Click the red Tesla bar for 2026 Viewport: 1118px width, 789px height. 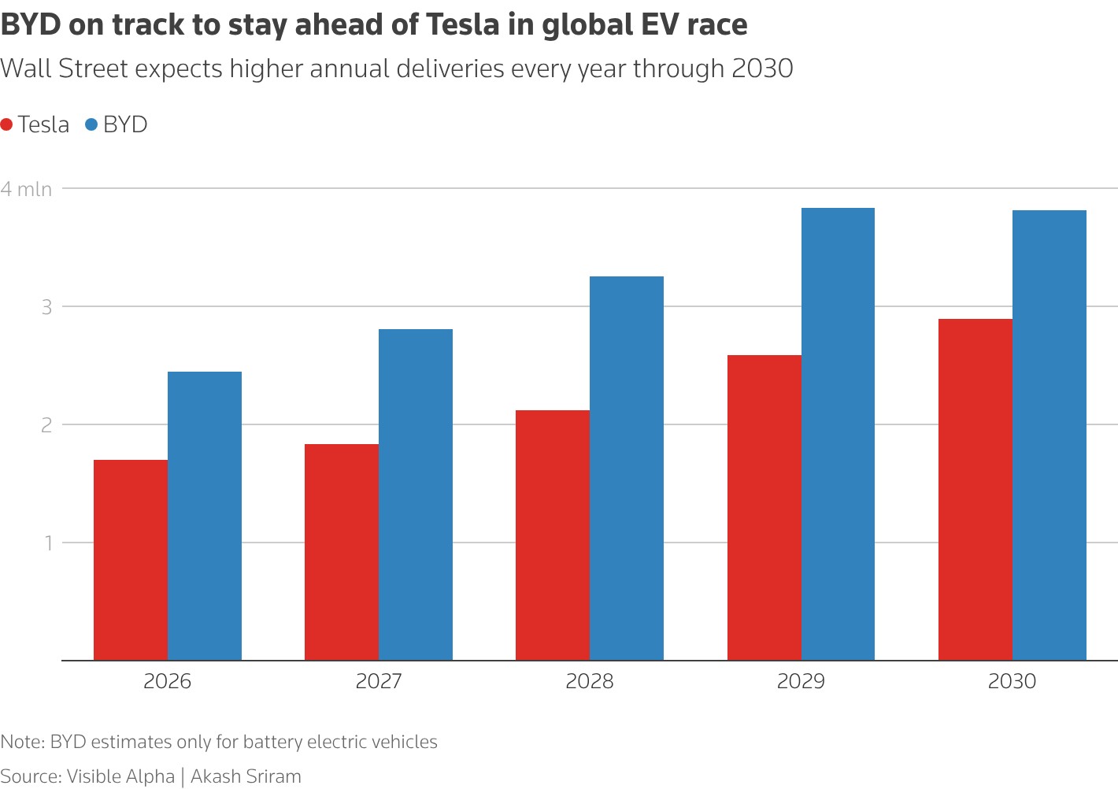(131, 560)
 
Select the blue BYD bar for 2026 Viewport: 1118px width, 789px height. (205, 516)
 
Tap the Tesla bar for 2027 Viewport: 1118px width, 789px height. (342, 552)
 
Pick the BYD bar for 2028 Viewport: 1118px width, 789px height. (627, 469)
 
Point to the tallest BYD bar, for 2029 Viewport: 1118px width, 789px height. (838, 434)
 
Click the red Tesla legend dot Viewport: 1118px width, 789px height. (7, 124)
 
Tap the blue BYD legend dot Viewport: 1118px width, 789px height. (91, 124)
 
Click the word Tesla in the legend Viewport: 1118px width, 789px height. (43, 124)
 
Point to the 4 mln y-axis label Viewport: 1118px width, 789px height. (26, 189)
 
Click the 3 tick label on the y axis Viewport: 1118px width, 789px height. (46, 307)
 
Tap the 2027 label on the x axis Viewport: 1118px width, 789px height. (379, 681)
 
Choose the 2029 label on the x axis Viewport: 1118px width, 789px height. (801, 681)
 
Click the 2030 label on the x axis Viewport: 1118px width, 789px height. (1012, 681)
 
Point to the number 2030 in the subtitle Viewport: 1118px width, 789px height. (761, 69)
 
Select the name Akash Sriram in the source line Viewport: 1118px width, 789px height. (246, 776)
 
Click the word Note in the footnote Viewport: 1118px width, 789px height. (21, 742)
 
